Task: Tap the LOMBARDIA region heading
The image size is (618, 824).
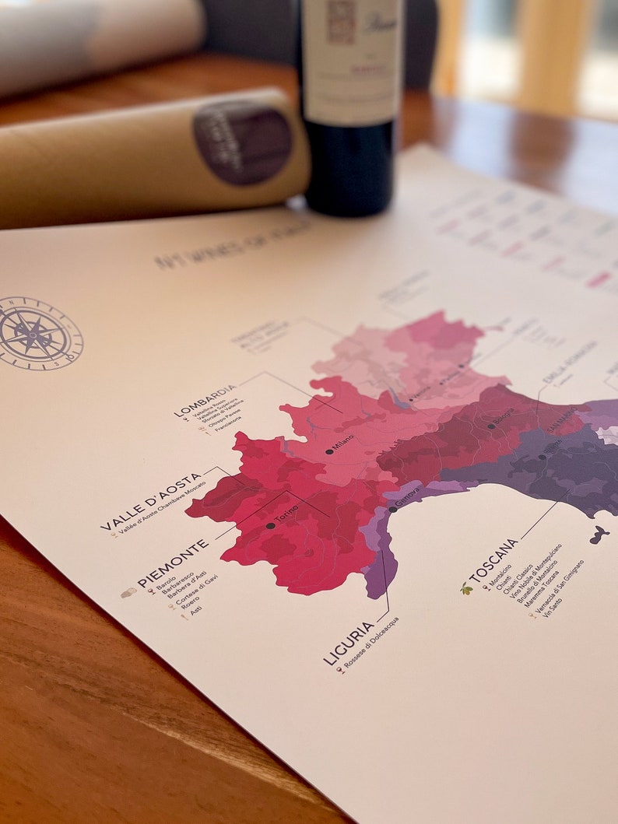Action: [x=205, y=400]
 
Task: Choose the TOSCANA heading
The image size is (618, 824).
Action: [x=493, y=560]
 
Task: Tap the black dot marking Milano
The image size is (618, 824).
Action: [x=329, y=451]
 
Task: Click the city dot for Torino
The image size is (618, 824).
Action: [x=270, y=526]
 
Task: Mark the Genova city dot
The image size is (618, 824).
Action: [x=393, y=509]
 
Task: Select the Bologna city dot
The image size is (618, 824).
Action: [x=491, y=426]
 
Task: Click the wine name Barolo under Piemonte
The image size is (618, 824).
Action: [x=166, y=583]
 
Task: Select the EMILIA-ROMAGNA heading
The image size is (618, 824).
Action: [x=571, y=362]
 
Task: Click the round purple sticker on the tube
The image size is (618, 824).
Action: [x=243, y=142]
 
